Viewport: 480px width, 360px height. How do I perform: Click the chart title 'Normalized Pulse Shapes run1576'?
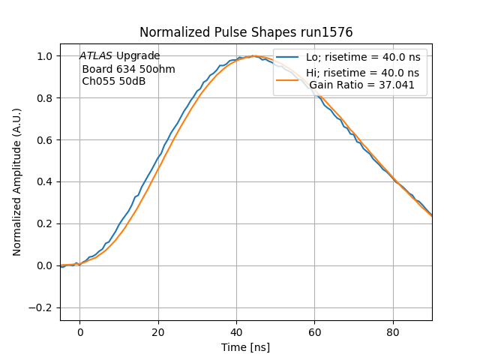click(246, 33)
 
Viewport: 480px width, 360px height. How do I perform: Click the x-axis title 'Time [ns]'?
click(246, 347)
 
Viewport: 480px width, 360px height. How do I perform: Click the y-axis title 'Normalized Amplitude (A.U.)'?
click(17, 182)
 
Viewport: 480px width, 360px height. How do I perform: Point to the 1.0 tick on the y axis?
click(46, 56)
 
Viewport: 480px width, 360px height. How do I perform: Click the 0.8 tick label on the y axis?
click(46, 98)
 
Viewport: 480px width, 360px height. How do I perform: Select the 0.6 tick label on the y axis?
click(46, 140)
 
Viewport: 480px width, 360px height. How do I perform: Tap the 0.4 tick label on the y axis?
click(46, 182)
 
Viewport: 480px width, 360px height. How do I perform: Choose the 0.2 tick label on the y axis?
click(46, 224)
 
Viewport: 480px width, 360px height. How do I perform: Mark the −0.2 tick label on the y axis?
click(42, 307)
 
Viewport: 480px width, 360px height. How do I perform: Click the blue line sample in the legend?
click(289, 58)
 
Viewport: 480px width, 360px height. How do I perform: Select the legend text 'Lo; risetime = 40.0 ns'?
click(362, 58)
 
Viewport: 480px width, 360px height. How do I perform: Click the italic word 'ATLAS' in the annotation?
click(96, 56)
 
